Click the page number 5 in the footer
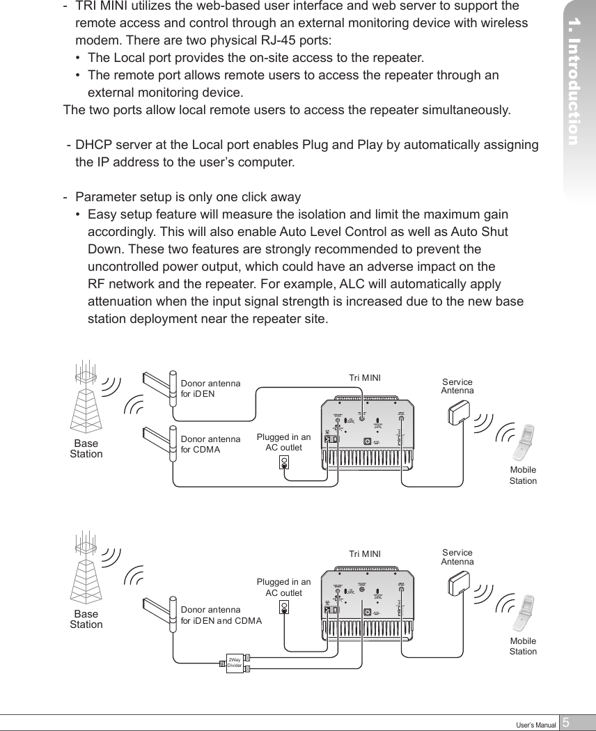pyautogui.click(x=566, y=723)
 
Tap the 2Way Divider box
pyautogui.click(x=235, y=663)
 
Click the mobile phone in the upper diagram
pyautogui.click(x=523, y=443)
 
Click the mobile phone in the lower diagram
pyautogui.click(x=523, y=613)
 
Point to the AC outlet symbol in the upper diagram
pyautogui.click(x=284, y=462)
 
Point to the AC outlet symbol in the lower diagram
pyautogui.click(x=284, y=607)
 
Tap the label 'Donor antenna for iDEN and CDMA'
pyautogui.click(x=221, y=615)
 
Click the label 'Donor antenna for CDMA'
pyautogui.click(x=210, y=444)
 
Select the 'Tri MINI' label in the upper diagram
pyautogui.click(x=365, y=378)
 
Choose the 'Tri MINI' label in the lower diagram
pyautogui.click(x=365, y=554)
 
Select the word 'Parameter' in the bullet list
pyautogui.click(x=105, y=196)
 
